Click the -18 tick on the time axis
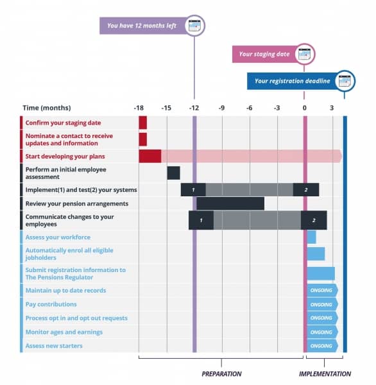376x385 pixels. (139, 108)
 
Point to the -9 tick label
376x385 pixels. (221, 108)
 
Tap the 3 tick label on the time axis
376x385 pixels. (332, 108)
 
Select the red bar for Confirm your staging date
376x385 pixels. (143, 123)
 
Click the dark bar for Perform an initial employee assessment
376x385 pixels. (173, 173)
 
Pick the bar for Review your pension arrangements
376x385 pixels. (230, 203)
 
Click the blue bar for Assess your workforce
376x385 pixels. (311, 237)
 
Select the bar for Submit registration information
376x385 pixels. (321, 273)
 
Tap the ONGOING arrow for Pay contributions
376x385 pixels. (323, 304)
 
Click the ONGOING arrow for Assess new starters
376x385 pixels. (323, 346)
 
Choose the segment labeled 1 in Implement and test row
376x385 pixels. (193, 190)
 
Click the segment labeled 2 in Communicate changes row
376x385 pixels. (314, 220)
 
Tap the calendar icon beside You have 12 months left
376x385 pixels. (194, 26)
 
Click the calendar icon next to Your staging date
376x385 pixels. (305, 54)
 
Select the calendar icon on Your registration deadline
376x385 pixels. (345, 81)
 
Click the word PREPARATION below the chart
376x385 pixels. (221, 374)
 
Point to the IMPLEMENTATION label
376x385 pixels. (325, 374)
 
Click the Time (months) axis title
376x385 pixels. (47, 108)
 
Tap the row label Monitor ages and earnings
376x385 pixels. (64, 332)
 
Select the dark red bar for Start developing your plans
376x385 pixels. (150, 156)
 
